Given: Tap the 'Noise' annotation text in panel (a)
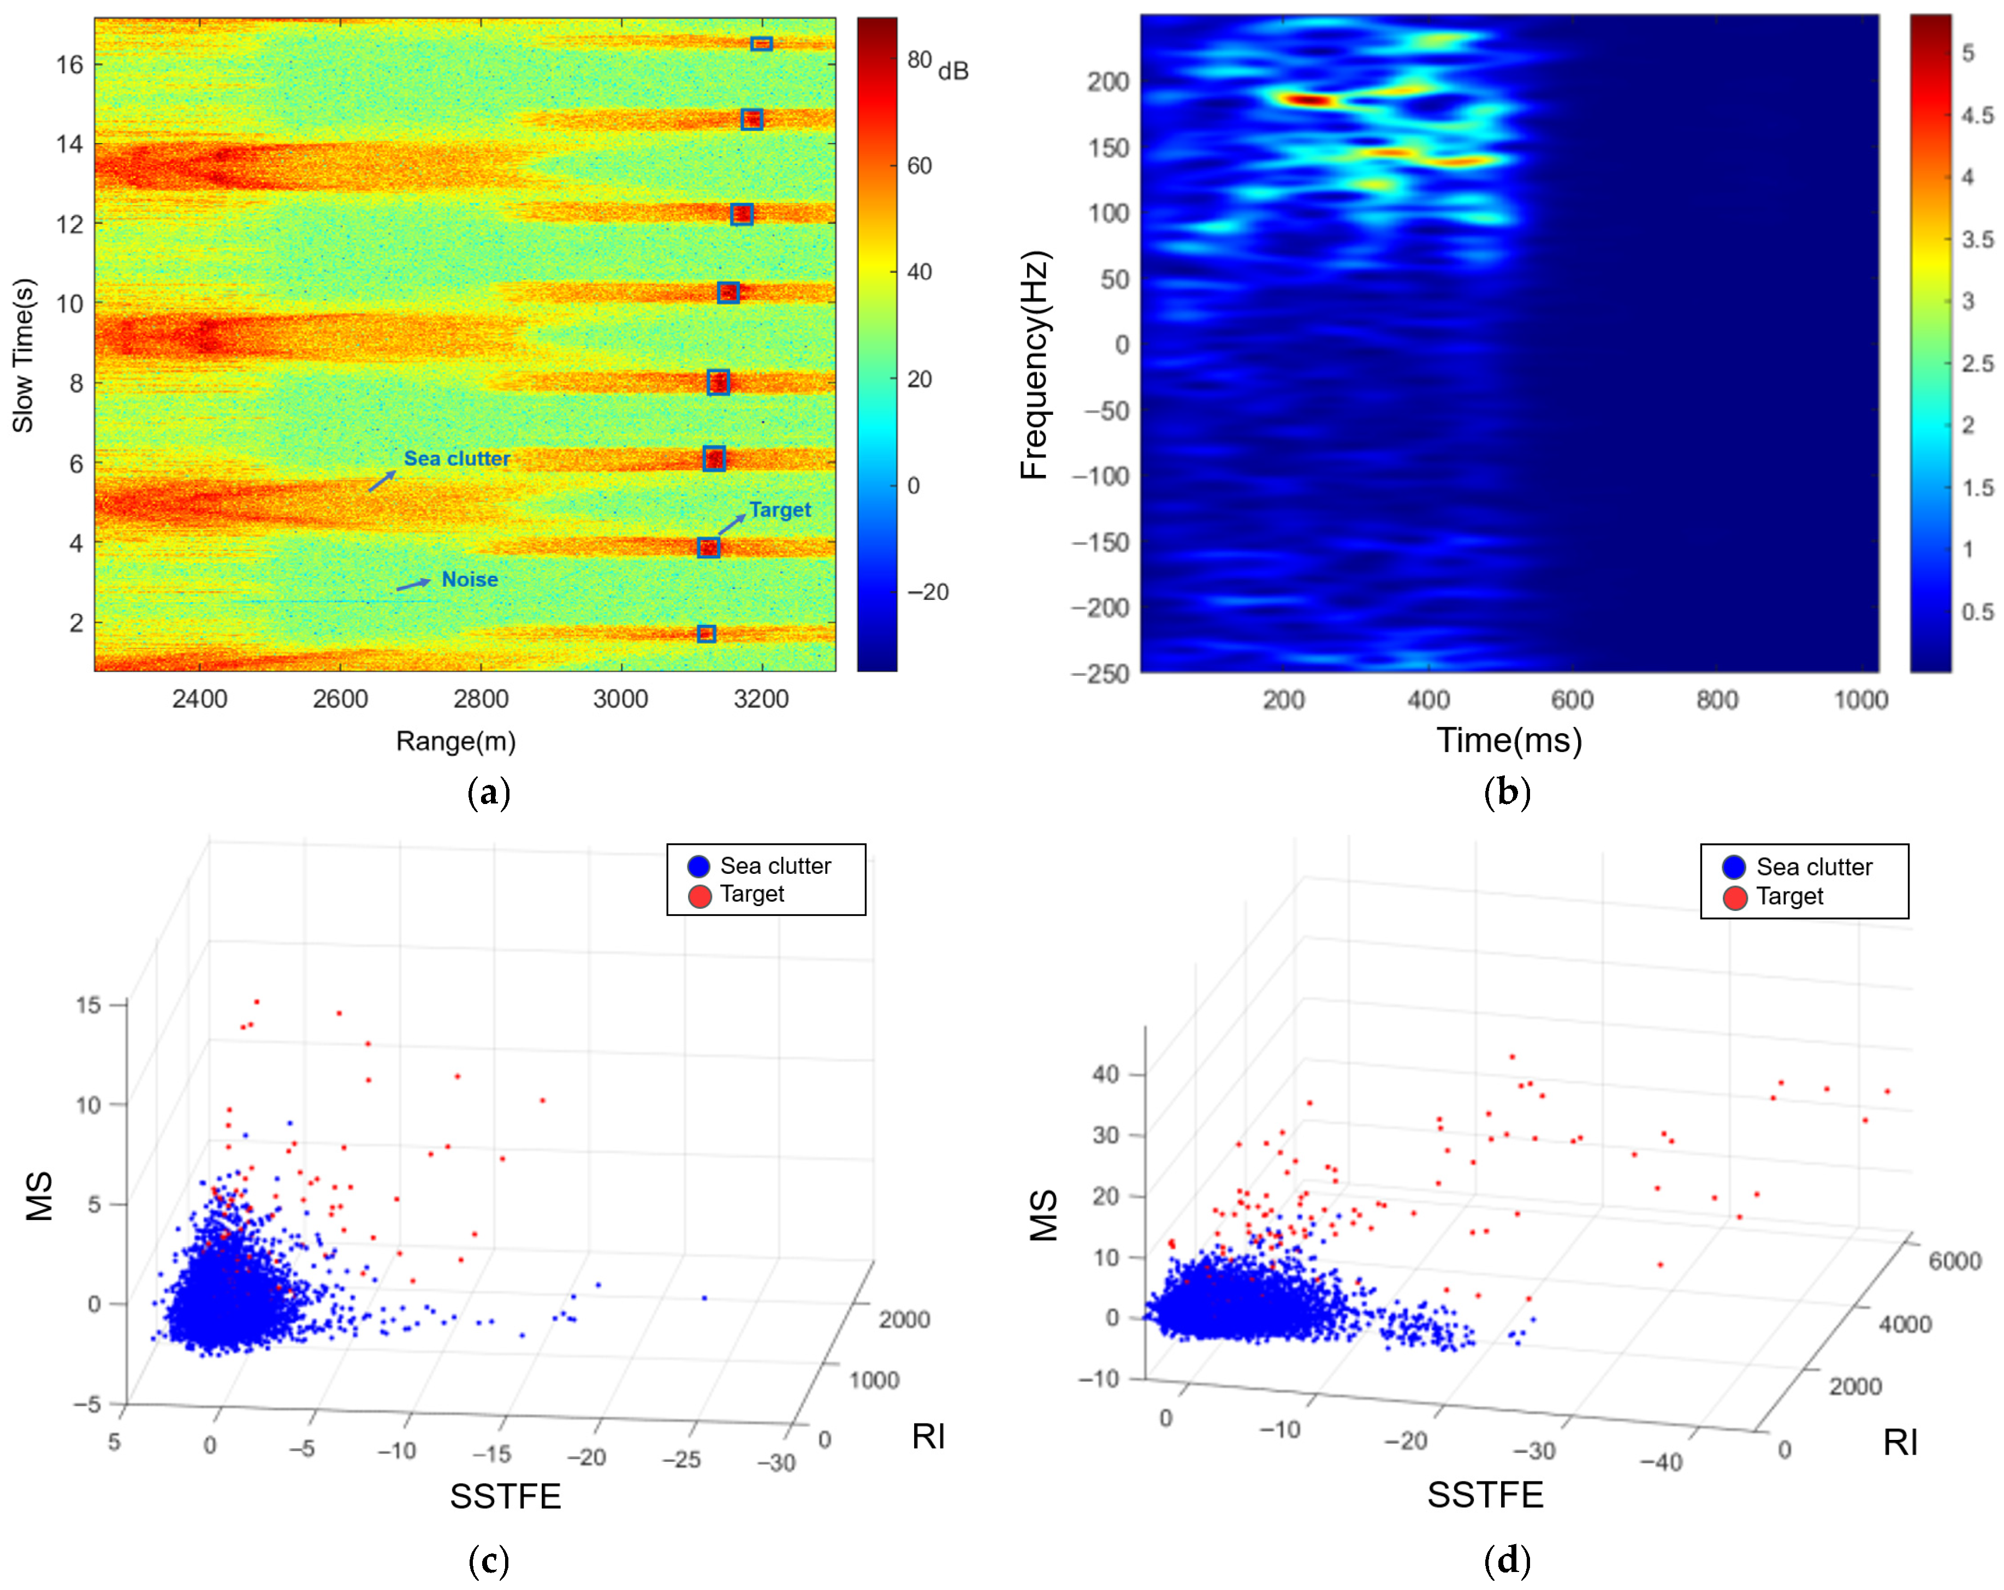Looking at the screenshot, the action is pos(470,579).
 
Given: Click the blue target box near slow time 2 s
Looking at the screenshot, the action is pos(707,634).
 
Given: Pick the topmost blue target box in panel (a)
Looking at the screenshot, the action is pos(761,44).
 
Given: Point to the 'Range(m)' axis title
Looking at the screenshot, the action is pos(455,741).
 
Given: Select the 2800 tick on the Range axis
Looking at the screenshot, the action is pos(481,699).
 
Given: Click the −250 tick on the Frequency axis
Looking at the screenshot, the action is pos(1100,673).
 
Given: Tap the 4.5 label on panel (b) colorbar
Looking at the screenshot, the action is pos(1977,115).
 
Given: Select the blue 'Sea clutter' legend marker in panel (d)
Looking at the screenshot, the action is pos(1734,867).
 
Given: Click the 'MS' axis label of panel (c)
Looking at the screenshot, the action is pos(39,1196).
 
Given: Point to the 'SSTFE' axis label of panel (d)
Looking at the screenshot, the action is pos(1485,1494).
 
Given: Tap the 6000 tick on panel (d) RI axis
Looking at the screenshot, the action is pos(1955,1261).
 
